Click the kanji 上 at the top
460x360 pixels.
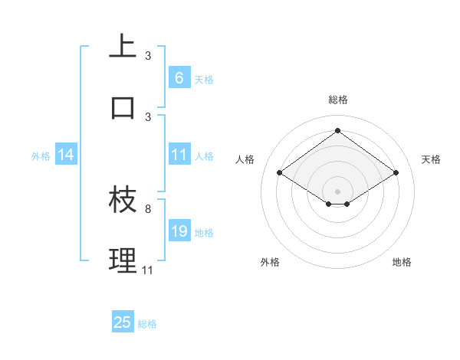click(x=123, y=46)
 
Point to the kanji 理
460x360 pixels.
click(x=123, y=260)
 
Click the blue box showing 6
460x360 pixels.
click(x=179, y=77)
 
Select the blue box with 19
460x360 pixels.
click(x=179, y=231)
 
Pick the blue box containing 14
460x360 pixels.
click(x=66, y=155)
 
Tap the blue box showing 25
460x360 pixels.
click(x=123, y=322)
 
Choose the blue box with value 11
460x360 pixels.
click(x=179, y=155)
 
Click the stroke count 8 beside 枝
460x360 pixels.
click(x=148, y=208)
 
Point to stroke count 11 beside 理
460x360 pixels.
click(x=148, y=270)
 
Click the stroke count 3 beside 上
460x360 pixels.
click(x=148, y=55)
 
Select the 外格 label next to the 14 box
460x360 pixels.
click(x=41, y=155)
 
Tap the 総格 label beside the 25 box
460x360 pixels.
click(x=147, y=324)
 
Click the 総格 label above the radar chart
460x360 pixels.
click(x=337, y=100)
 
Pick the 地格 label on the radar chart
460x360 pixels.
click(x=402, y=262)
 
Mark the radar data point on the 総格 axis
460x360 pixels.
click(x=337, y=130)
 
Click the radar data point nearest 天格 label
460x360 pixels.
click(x=396, y=173)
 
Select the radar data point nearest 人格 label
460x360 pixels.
click(x=279, y=173)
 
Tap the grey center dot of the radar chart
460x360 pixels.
click(x=337, y=190)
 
